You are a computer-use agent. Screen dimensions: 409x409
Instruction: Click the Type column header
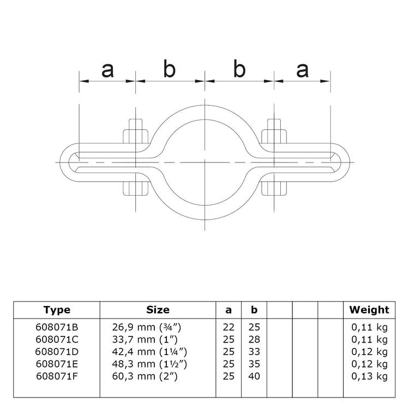tap(57, 310)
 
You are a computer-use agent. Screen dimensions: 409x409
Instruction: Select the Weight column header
tap(369, 310)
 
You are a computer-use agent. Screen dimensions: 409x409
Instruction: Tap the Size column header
tap(158, 310)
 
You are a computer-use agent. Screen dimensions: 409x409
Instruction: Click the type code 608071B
tap(57, 327)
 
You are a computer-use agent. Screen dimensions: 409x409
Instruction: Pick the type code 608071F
tap(57, 376)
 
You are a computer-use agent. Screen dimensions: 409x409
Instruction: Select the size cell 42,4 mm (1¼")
tap(158, 352)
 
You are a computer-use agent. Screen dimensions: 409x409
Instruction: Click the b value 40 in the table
tap(254, 376)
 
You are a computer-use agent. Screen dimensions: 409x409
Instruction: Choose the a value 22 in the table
tap(228, 327)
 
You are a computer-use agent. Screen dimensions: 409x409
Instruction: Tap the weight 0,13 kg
tap(369, 376)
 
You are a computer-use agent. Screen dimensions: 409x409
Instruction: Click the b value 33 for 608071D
tap(254, 352)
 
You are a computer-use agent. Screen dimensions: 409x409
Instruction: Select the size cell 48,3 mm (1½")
tap(158, 364)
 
